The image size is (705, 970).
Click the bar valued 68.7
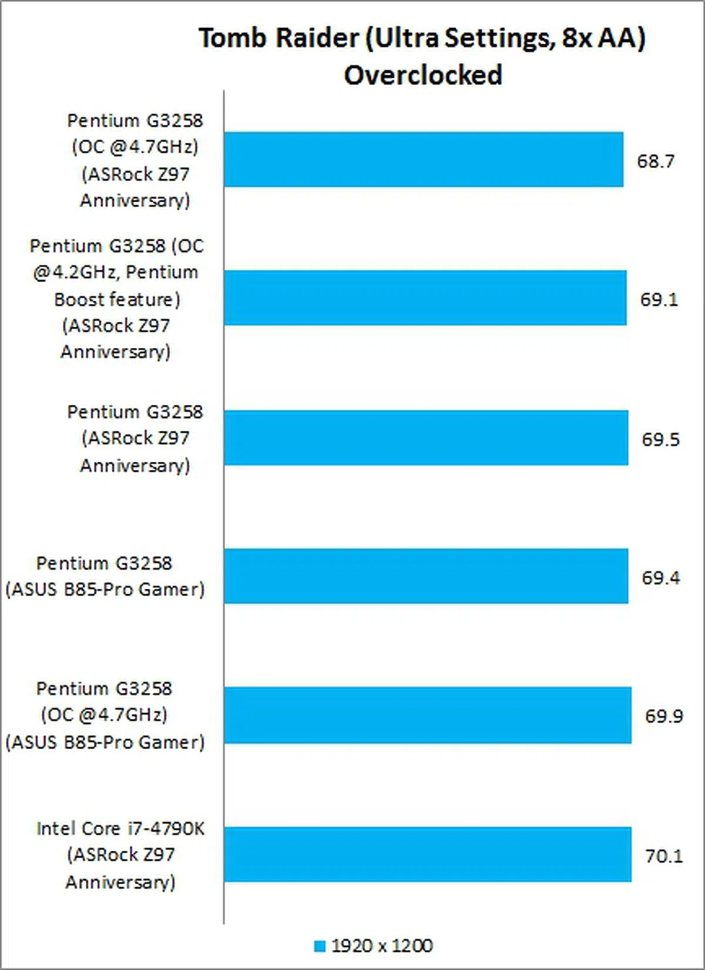point(423,159)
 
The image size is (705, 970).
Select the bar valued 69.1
point(425,298)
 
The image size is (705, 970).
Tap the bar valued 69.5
point(425,438)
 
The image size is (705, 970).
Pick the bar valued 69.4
point(425,576)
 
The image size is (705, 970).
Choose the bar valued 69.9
point(427,715)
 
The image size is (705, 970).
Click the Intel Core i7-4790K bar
point(427,854)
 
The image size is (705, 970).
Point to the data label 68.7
point(656,160)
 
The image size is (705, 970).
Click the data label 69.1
point(659,299)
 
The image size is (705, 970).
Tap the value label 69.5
point(660,439)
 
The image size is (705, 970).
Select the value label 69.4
point(660,578)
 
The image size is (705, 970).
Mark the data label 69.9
point(663,716)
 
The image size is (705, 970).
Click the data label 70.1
point(664,855)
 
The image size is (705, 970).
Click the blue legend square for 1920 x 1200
point(320,946)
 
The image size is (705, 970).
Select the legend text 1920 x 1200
point(382,945)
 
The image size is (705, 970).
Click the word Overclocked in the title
point(423,75)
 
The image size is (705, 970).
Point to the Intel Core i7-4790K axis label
point(120,855)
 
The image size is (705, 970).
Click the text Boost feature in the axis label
point(117,299)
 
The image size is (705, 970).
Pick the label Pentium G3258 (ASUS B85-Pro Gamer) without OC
point(105,576)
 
